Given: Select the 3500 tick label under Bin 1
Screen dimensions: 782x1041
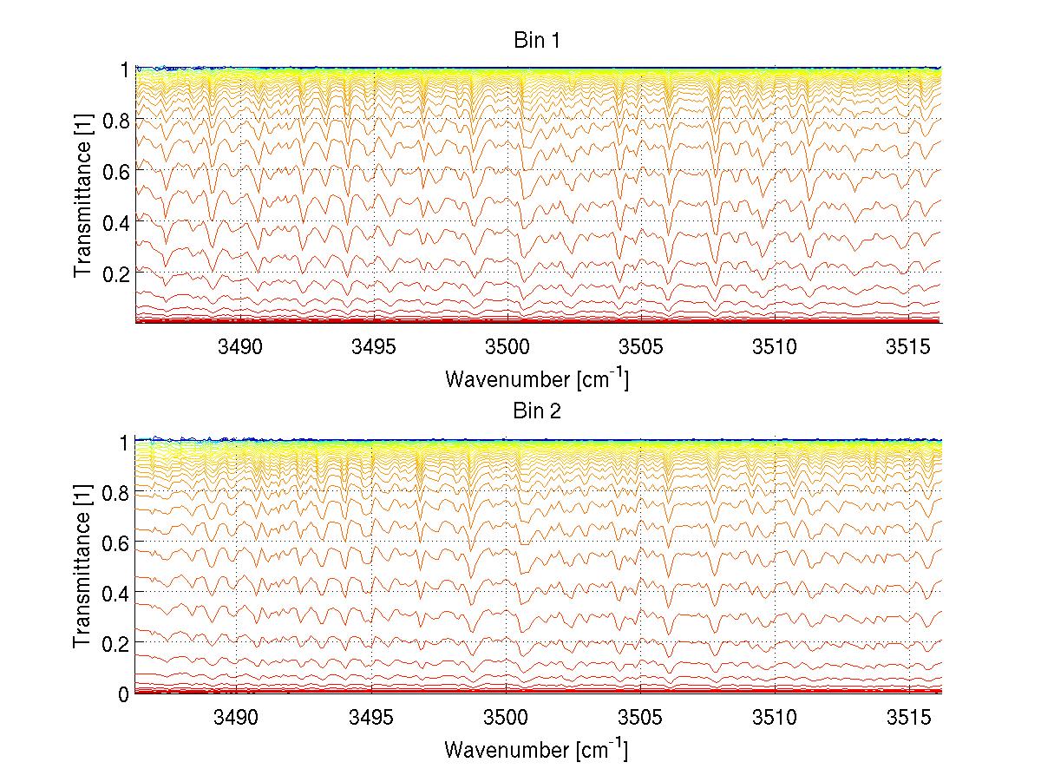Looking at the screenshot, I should pyautogui.click(x=507, y=347).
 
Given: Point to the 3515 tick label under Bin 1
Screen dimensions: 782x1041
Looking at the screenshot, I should pyautogui.click(x=909, y=347).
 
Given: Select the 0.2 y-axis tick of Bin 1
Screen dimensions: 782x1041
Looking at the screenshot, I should pyautogui.click(x=115, y=273).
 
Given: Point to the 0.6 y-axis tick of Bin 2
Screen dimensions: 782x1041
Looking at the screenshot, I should pyautogui.click(x=115, y=542).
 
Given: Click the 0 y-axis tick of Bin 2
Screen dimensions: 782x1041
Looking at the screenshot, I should pyautogui.click(x=123, y=693).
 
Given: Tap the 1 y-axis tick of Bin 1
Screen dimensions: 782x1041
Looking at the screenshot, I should pyautogui.click(x=123, y=69).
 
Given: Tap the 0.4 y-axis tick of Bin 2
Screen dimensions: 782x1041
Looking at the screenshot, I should pyautogui.click(x=115, y=593).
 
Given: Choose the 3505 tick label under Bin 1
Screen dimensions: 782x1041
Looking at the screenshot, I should pyautogui.click(x=640, y=347).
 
